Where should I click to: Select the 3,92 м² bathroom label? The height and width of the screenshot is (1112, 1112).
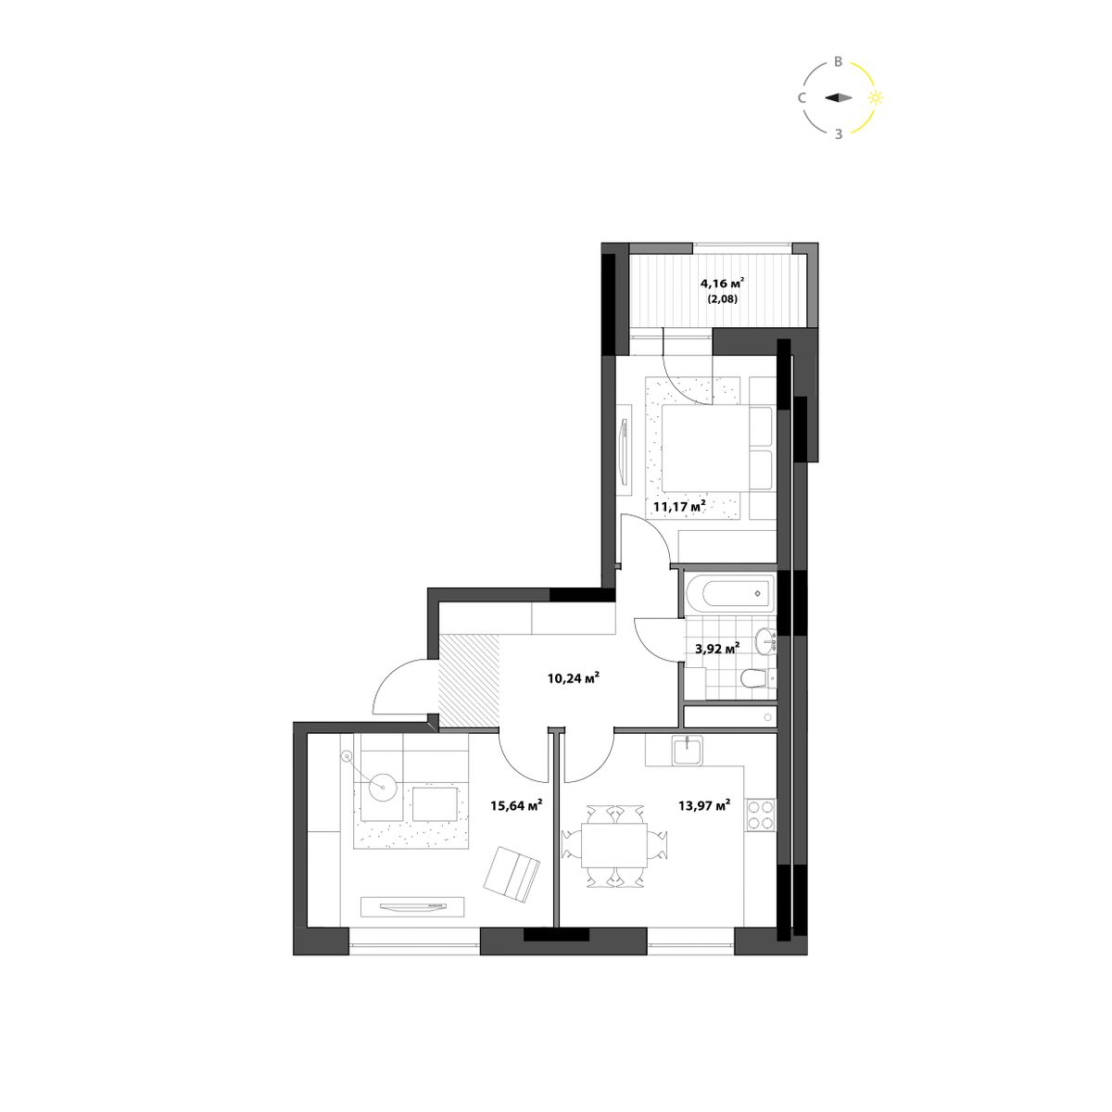coord(718,650)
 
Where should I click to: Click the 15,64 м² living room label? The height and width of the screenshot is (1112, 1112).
coord(516,805)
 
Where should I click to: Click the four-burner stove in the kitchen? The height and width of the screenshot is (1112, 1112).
coord(761,815)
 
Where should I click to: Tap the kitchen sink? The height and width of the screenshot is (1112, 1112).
coord(688,751)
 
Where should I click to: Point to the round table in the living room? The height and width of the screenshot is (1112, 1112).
coord(382,787)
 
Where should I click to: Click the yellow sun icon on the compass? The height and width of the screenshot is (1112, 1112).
coord(876,98)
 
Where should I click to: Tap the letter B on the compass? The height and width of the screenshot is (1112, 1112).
coord(839,62)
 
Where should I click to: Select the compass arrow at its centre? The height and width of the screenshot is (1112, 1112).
coord(839,98)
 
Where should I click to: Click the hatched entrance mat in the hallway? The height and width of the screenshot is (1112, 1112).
coord(469,680)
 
